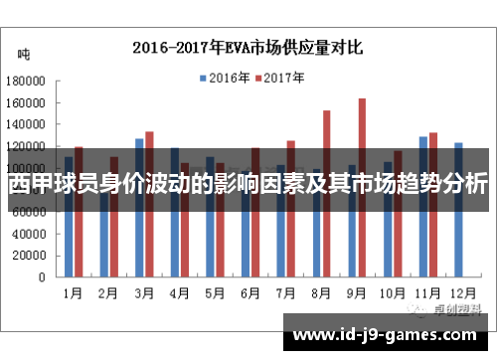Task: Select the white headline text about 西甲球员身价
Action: (248, 185)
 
